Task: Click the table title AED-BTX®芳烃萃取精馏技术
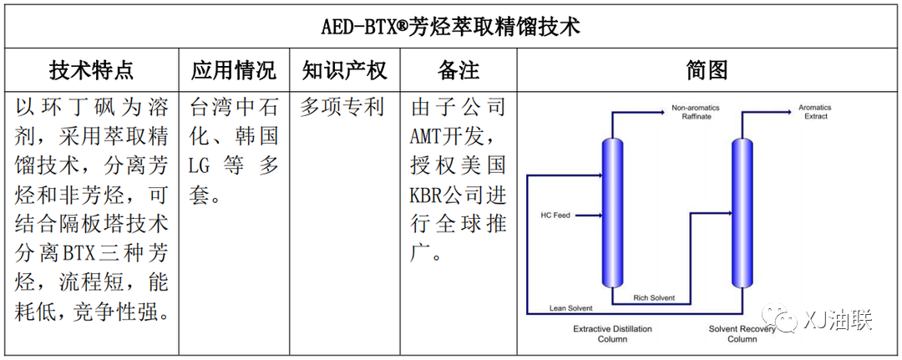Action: tap(450, 27)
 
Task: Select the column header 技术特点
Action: tap(92, 70)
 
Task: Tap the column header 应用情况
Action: tap(234, 70)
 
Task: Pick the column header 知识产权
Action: tap(345, 70)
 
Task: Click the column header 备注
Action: tap(459, 70)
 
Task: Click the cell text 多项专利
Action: tap(342, 108)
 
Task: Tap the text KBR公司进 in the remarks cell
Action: tap(458, 195)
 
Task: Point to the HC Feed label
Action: tap(555, 215)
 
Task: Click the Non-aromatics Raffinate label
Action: tap(696, 112)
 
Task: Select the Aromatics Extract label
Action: tap(814, 112)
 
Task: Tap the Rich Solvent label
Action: tap(654, 298)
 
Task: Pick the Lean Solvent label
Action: tap(570, 308)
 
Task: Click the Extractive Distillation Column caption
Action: tap(613, 334)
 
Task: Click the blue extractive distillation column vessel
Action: tap(613, 213)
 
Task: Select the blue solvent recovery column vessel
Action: tap(742, 213)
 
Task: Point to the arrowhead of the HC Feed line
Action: tap(600, 215)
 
